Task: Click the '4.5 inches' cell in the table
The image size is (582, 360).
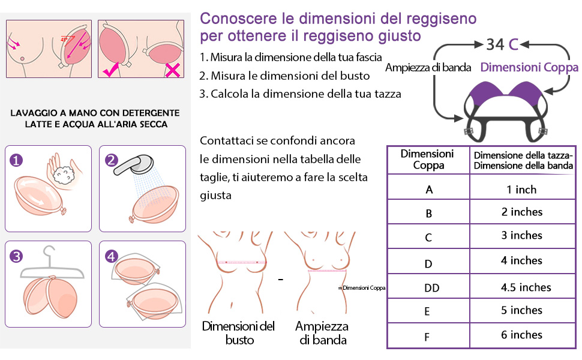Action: pyautogui.click(x=526, y=287)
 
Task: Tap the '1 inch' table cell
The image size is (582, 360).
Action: pyautogui.click(x=521, y=190)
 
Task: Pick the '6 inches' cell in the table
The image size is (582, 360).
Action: pyautogui.click(x=521, y=335)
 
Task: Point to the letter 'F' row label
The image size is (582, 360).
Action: pyautogui.click(x=427, y=337)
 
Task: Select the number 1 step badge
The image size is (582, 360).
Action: pyautogui.click(x=17, y=160)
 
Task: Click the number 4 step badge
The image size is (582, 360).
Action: pyautogui.click(x=111, y=257)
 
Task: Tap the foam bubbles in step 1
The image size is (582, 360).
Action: pyautogui.click(x=63, y=173)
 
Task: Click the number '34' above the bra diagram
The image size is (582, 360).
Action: pyautogui.click(x=495, y=45)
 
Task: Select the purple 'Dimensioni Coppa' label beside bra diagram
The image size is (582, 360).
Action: pyautogui.click(x=529, y=67)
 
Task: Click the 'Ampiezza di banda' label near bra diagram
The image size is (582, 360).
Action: pyautogui.click(x=428, y=67)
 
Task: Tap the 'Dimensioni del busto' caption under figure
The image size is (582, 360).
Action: pyautogui.click(x=238, y=333)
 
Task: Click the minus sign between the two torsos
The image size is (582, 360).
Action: pyautogui.click(x=280, y=279)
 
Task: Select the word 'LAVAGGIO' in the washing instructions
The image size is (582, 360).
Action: pyautogui.click(x=35, y=113)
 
